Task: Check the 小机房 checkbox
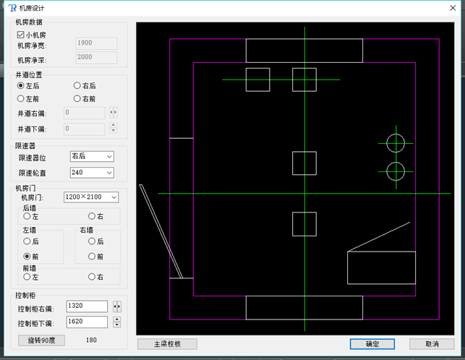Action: coord(20,35)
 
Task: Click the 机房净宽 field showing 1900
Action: coord(96,43)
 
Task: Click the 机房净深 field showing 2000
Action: coord(96,57)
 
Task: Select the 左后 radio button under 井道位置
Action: coord(20,86)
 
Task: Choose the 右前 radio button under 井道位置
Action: coord(77,98)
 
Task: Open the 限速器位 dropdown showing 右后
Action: coord(92,156)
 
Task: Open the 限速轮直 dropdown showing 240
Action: coord(92,173)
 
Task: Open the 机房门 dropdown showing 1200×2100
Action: coord(91,197)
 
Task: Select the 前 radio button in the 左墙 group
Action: coord(27,256)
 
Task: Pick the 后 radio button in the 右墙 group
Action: coord(92,241)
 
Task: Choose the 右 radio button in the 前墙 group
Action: coord(92,277)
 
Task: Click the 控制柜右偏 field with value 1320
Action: coord(87,306)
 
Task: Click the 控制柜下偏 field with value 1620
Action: coord(87,322)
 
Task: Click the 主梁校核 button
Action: coord(167,344)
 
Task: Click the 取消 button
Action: coord(432,344)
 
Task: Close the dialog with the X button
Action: coord(453,8)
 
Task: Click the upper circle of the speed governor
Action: coord(396,134)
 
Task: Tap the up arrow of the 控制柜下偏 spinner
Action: coord(117,319)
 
